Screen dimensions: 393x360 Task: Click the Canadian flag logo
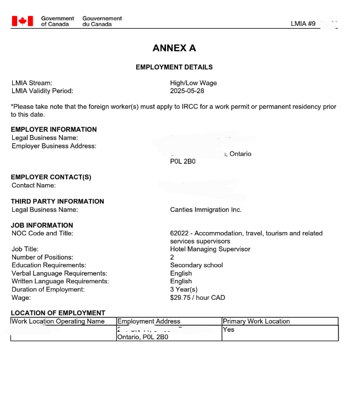(x=23, y=21)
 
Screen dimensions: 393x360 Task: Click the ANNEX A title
(x=174, y=48)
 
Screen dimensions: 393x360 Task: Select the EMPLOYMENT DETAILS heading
(x=174, y=67)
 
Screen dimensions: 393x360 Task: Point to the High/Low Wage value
(x=194, y=83)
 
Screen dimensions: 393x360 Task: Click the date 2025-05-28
(x=187, y=90)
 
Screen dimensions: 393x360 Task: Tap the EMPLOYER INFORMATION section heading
(x=53, y=130)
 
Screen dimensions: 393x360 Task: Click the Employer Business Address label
(x=54, y=146)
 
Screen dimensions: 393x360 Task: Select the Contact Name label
(x=34, y=185)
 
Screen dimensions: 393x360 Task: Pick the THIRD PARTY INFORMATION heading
(x=57, y=201)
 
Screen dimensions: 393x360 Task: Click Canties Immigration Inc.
(x=206, y=209)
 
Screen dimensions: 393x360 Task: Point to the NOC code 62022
(x=180, y=233)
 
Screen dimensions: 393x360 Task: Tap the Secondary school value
(x=196, y=265)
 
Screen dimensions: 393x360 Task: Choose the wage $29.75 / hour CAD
(x=197, y=298)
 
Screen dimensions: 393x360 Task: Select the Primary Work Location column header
(x=256, y=321)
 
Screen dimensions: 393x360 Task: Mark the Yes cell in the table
(x=228, y=330)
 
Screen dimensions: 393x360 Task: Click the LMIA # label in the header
(x=303, y=24)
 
